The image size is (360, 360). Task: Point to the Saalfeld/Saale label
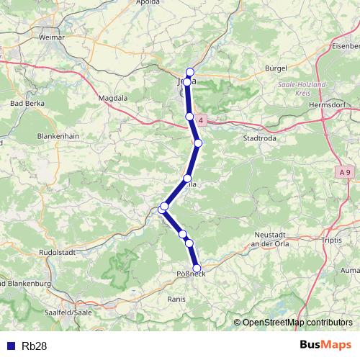[x=66, y=312]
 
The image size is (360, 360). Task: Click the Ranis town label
[x=176, y=298]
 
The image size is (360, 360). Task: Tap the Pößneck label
[x=191, y=274]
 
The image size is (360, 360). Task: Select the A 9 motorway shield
[x=346, y=173]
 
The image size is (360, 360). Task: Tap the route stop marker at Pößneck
[x=197, y=268]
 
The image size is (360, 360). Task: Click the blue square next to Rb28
[x=11, y=346]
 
